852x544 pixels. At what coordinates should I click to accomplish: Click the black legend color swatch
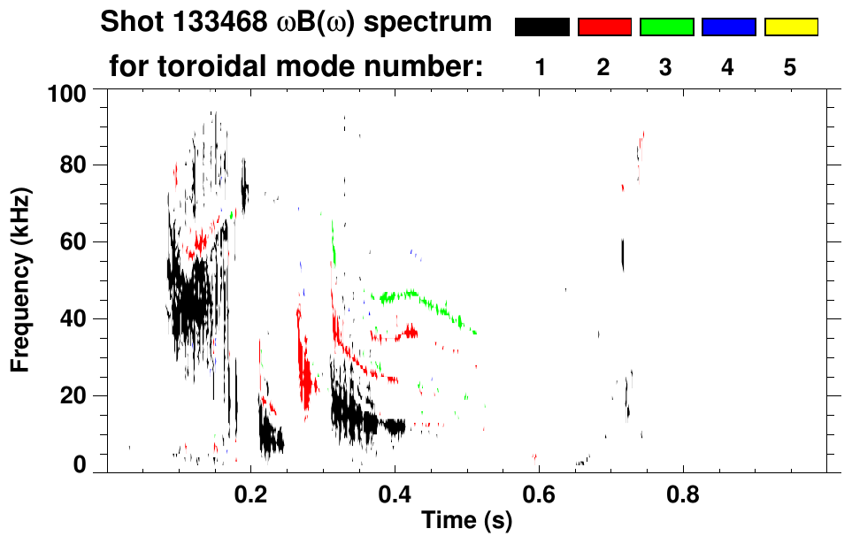541,27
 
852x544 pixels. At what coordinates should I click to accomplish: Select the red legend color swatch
604,27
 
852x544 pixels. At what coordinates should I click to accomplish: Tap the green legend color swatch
666,27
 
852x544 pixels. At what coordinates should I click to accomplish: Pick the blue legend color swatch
728,27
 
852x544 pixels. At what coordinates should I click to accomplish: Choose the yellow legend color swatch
790,27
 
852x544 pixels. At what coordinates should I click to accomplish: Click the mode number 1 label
541,67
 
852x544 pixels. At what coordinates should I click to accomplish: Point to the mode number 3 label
666,67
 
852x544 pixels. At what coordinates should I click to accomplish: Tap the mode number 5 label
790,67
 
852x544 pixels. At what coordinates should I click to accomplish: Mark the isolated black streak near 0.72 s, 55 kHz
623,256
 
